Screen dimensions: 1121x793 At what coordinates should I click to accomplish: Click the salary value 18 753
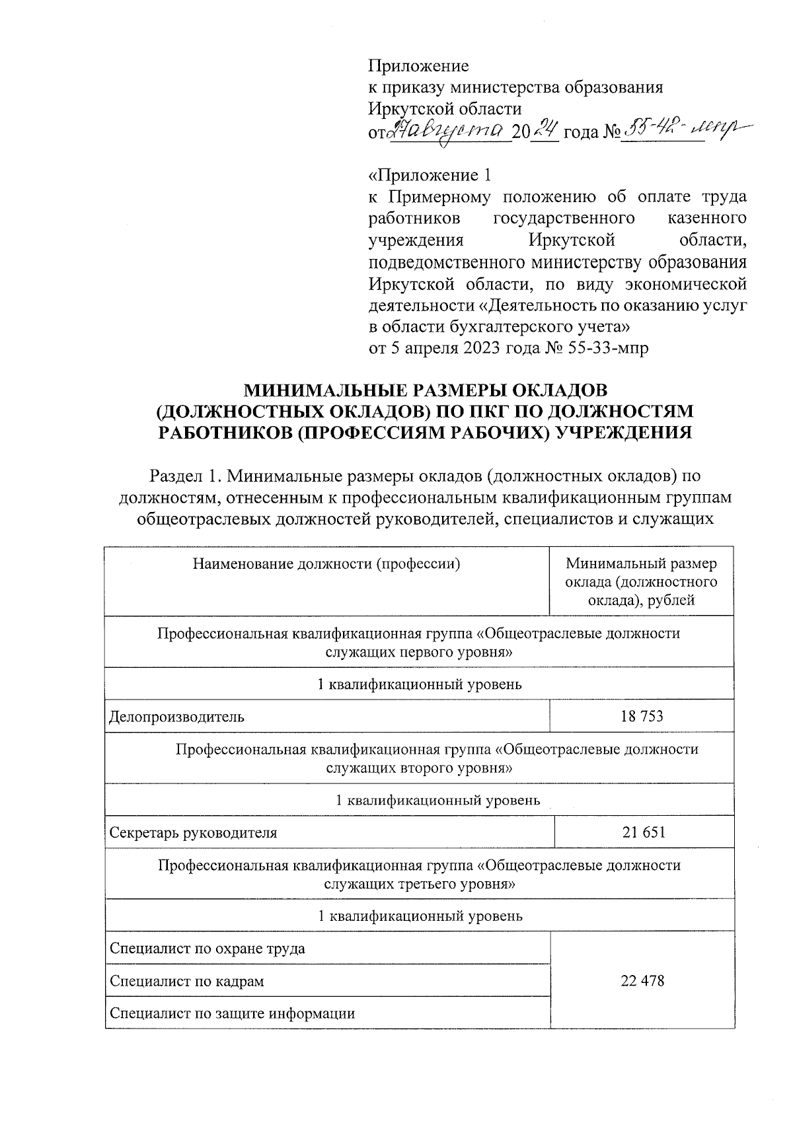[642, 716]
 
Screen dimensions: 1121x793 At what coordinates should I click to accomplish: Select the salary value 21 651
[643, 832]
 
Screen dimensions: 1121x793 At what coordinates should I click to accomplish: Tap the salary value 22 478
[642, 981]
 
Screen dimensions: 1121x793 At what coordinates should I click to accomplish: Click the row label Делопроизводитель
[176, 717]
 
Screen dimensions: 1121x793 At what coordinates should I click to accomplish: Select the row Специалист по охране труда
[207, 949]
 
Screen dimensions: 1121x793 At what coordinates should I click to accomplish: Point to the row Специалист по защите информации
[232, 1013]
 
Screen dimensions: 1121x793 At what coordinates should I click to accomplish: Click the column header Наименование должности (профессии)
[326, 564]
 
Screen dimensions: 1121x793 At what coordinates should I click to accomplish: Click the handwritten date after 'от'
[449, 131]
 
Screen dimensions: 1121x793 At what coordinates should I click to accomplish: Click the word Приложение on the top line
[418, 66]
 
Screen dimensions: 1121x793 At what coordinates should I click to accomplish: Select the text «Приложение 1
[430, 176]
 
